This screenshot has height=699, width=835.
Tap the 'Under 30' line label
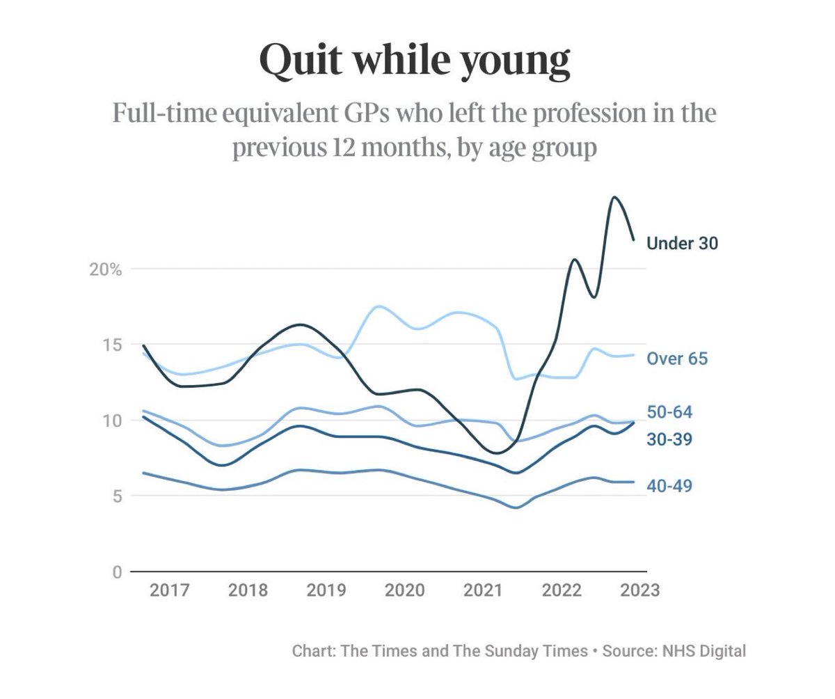682,243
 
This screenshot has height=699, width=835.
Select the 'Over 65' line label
676,359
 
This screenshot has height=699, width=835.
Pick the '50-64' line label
669,412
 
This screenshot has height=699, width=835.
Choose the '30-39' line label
669,439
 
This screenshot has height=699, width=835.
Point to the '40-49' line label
669,486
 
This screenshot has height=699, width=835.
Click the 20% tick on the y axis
105,269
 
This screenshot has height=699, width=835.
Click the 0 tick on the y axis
116,572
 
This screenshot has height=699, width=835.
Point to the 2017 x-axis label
170,590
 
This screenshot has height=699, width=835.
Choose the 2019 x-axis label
326,590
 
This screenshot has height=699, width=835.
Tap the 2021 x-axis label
484,590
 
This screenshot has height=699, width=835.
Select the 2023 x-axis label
639,590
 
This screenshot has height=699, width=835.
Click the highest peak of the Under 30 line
614,197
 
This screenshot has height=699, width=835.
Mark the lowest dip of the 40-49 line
516,508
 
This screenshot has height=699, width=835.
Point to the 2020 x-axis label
405,590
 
